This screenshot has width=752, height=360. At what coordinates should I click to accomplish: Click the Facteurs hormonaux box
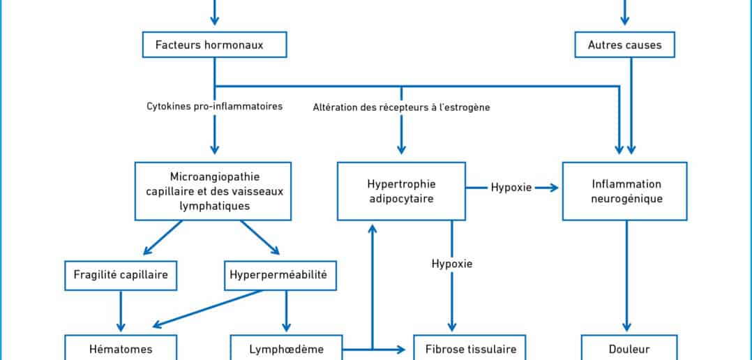(x=214, y=45)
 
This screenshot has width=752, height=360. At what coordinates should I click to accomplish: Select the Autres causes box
(x=624, y=45)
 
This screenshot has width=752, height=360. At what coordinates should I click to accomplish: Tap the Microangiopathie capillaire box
(x=213, y=191)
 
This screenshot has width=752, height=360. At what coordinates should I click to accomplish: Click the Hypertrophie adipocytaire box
(x=401, y=191)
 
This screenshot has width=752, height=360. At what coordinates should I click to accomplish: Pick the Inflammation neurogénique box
(x=624, y=191)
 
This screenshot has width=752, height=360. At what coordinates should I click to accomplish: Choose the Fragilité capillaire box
(x=121, y=275)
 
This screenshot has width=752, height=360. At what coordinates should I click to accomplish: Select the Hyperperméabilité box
(x=280, y=275)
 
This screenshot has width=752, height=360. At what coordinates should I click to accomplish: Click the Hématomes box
(x=121, y=348)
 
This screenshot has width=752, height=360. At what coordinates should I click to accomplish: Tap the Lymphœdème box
(x=286, y=348)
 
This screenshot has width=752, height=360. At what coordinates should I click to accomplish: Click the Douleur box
(x=629, y=348)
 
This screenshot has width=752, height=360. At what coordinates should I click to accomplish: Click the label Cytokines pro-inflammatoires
(x=214, y=107)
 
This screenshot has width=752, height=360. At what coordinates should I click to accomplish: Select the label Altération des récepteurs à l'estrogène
(x=401, y=107)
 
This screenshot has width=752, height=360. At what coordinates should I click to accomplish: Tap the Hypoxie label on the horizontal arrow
(x=511, y=188)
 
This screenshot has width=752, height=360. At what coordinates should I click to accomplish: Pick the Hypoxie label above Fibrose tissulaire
(x=452, y=263)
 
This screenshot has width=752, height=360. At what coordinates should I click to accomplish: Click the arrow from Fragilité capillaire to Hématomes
(x=121, y=311)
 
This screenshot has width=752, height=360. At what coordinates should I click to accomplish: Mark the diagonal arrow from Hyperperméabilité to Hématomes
(x=207, y=308)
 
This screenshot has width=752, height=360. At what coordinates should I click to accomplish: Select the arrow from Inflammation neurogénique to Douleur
(x=626, y=276)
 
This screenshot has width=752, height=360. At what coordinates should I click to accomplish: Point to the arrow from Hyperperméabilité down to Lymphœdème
(x=286, y=311)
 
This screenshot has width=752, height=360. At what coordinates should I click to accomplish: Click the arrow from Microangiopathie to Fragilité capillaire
(x=163, y=238)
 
